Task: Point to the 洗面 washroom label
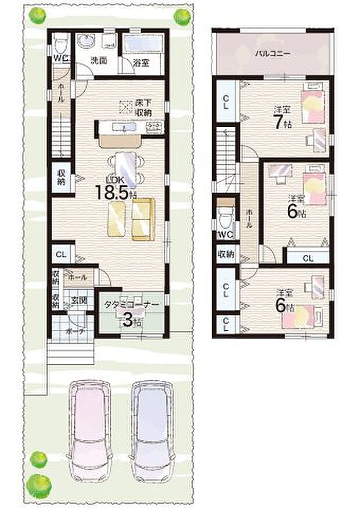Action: tap(97, 59)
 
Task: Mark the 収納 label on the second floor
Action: tap(225, 254)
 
